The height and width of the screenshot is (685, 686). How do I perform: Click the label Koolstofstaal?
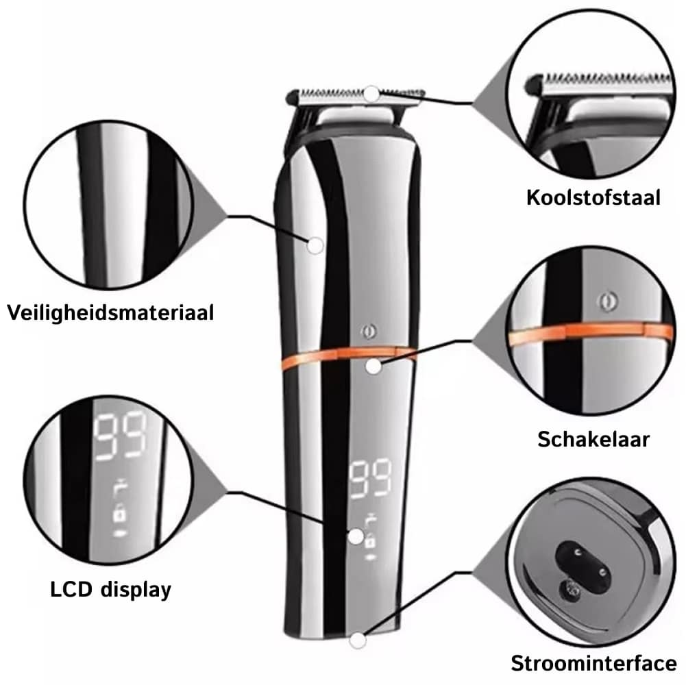point(593,197)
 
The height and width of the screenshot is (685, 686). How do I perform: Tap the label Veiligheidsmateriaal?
point(110,313)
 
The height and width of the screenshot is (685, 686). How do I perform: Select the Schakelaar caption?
point(593,438)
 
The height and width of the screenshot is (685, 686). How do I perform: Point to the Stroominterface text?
point(593,663)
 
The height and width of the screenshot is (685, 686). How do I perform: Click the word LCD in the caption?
point(71,589)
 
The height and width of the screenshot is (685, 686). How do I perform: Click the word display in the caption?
point(136,590)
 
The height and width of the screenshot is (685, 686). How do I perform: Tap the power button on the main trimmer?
point(369,332)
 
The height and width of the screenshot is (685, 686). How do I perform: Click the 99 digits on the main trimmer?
point(370,479)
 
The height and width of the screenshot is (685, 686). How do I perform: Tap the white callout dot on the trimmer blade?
point(371,94)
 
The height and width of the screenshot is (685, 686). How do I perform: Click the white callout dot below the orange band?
point(373,366)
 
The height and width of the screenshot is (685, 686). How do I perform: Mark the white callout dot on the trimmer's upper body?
point(315,245)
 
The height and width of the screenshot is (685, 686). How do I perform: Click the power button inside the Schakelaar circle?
point(607,301)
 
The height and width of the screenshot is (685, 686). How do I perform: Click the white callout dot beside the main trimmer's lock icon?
point(356,536)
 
